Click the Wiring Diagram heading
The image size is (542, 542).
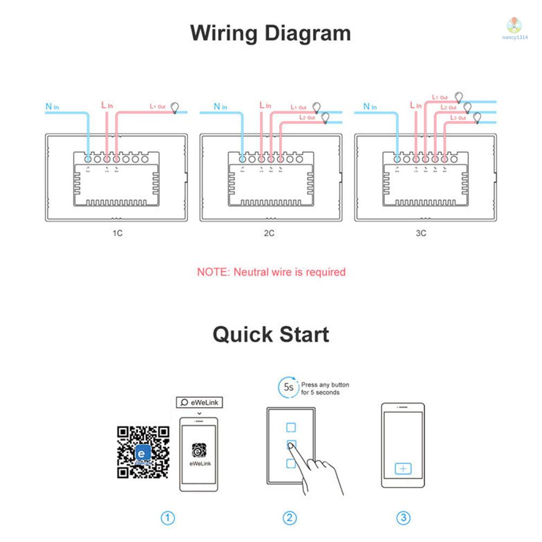(270, 34)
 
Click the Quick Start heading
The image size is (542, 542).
(270, 334)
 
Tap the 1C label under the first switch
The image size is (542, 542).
(117, 234)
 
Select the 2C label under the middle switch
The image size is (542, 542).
(269, 234)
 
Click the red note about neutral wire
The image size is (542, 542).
(271, 272)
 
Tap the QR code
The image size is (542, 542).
(143, 453)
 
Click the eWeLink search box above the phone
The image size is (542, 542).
(199, 402)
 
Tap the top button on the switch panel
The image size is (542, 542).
(291, 427)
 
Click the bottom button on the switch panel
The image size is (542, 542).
(291, 463)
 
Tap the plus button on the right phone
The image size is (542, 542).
(403, 469)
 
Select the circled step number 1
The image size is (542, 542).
(168, 518)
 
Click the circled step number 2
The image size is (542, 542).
(291, 518)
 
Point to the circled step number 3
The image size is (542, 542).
(403, 518)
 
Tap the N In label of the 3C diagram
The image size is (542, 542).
(370, 106)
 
